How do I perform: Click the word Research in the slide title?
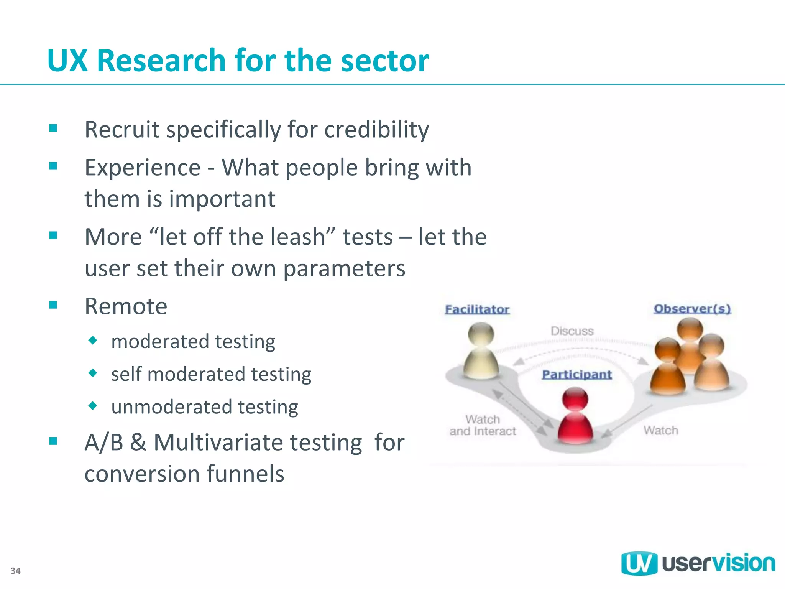[x=161, y=61]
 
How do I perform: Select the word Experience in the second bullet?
[x=143, y=168]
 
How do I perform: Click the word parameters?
[x=344, y=268]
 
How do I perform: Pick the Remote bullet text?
[x=126, y=306]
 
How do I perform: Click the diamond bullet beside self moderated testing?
[x=93, y=373]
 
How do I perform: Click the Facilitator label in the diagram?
[x=477, y=309]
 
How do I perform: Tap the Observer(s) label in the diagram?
[x=692, y=309]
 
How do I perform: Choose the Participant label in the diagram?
[x=576, y=375]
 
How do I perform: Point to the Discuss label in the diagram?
[x=572, y=331]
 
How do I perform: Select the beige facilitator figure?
[x=481, y=351]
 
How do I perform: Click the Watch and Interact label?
[x=483, y=425]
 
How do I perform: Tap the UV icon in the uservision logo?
[x=639, y=563]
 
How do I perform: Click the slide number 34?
[x=15, y=571]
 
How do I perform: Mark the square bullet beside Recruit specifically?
[x=53, y=128]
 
